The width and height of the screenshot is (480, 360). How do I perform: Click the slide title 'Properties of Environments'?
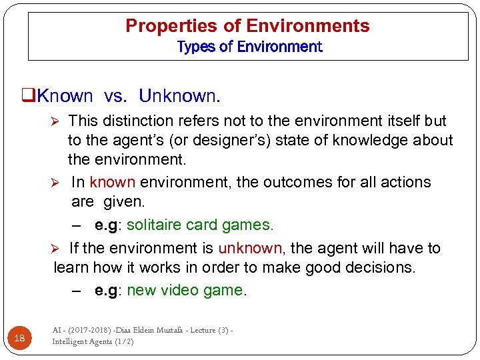pos(247,26)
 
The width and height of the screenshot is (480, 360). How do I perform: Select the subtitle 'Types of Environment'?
pos(249,47)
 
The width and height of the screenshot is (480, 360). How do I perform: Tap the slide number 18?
pos(19,338)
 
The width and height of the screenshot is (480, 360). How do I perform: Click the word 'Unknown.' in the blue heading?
pos(179,96)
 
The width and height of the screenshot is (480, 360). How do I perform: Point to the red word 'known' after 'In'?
pos(112,182)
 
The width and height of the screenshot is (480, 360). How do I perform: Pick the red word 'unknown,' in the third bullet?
pos(251,248)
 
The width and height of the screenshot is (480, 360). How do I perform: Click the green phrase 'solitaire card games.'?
pos(200,225)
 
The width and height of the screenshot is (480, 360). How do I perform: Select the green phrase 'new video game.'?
pos(187,291)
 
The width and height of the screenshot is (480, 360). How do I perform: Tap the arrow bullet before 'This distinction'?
pos(57,121)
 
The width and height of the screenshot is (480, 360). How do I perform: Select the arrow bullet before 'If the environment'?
pos(57,249)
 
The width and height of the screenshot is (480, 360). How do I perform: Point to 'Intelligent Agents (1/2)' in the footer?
pos(93,341)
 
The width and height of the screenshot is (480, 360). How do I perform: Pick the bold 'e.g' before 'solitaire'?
pos(107,225)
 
